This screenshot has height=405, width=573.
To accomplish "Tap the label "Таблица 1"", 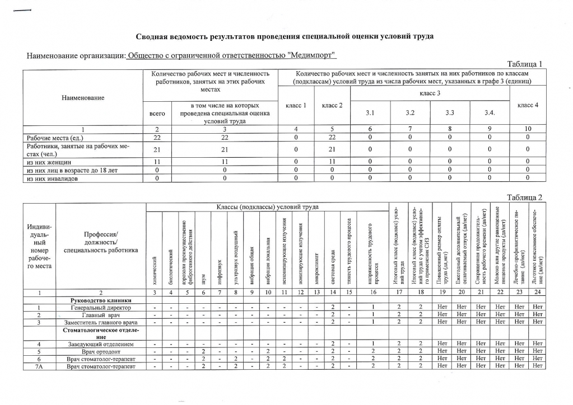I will pyautogui.click(x=524, y=64).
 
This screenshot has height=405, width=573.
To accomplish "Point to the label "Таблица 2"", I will pyautogui.click(x=524, y=197).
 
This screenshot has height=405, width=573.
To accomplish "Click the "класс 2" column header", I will pyautogui.click(x=333, y=105).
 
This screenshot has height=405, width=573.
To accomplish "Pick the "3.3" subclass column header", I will pyautogui.click(x=450, y=113).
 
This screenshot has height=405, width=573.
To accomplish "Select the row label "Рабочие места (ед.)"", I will pyautogui.click(x=53, y=137).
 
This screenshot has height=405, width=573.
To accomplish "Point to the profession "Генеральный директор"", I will pyautogui.click(x=101, y=308).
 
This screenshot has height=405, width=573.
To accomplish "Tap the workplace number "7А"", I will pyautogui.click(x=39, y=366).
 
